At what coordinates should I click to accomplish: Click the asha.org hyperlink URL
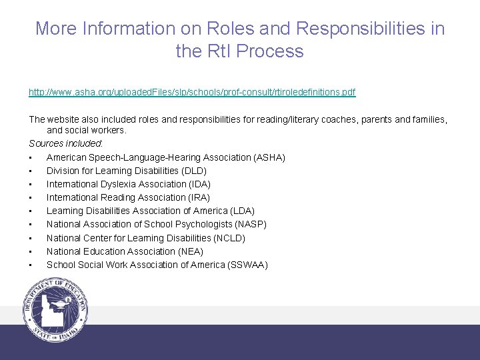192,92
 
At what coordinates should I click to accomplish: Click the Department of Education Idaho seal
55,311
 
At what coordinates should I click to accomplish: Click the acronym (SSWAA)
247,265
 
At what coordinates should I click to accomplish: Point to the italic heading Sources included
65,143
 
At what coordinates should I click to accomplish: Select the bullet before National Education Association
31,251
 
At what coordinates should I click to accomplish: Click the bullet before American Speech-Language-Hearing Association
31,157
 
